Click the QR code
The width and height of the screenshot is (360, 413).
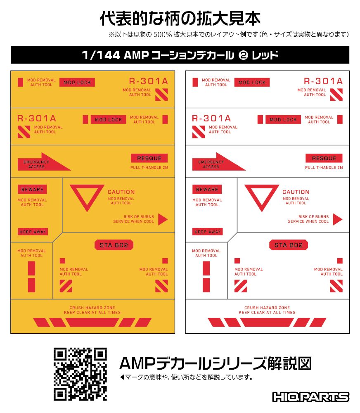tap(81, 374)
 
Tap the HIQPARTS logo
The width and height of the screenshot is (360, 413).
tap(311, 397)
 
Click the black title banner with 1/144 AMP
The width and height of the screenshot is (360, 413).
tap(180, 55)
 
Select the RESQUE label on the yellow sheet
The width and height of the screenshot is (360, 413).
tap(149, 158)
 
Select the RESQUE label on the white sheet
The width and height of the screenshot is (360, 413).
tap(324, 158)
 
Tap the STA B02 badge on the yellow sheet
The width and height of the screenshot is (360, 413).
tap(114, 245)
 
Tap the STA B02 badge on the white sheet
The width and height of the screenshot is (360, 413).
tap(289, 245)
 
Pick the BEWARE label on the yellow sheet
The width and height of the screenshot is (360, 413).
tap(32, 190)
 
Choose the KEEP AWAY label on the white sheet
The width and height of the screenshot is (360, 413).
tap(208, 232)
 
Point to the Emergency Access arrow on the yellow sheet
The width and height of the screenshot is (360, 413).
tap(44, 162)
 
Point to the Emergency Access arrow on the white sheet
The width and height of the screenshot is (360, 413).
tap(219, 162)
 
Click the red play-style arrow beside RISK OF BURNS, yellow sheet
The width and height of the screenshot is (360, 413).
tap(163, 219)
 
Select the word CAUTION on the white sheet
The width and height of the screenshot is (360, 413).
tap(296, 192)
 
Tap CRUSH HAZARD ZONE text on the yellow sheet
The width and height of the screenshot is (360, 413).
tap(92, 308)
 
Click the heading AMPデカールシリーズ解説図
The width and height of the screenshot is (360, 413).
tap(216, 363)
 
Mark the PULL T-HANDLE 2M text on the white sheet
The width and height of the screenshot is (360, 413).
tap(324, 168)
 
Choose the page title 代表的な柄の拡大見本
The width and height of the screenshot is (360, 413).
tap(180, 19)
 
